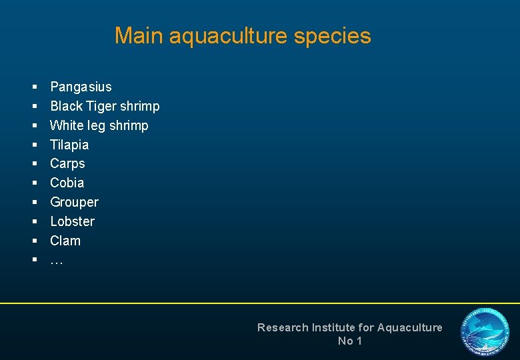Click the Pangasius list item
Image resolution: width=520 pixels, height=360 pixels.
(x=81, y=87)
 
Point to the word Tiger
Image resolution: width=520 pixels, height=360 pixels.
(x=103, y=106)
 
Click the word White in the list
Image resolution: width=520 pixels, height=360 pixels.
(x=67, y=125)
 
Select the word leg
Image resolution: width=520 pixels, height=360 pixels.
(x=97, y=125)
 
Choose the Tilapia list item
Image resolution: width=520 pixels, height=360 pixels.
(x=69, y=145)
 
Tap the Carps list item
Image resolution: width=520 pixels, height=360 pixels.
(x=67, y=163)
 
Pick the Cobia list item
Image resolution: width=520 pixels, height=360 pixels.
(x=67, y=183)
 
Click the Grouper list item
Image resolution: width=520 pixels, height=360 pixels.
(x=74, y=202)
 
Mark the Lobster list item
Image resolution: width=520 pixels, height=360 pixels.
(x=72, y=221)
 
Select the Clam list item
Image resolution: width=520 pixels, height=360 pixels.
(x=65, y=241)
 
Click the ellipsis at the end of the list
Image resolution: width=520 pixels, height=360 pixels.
(x=56, y=261)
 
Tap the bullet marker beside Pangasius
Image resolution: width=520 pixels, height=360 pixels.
(x=34, y=87)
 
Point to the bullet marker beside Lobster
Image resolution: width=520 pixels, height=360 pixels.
(x=34, y=221)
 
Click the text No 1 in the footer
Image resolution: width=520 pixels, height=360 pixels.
(x=349, y=341)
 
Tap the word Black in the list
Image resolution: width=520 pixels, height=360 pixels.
(x=66, y=106)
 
